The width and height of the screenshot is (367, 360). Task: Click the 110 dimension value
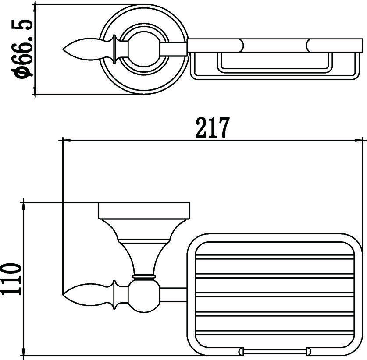11,279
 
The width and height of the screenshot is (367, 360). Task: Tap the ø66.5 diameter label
22,49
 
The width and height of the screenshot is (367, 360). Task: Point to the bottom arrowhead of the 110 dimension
23,350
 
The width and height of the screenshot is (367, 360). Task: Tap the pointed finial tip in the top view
63,49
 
